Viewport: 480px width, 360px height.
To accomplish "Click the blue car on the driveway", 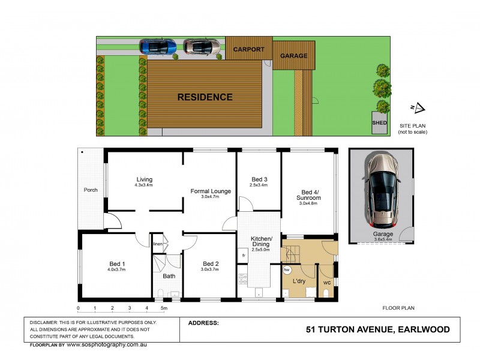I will pyautogui.click(x=158, y=46).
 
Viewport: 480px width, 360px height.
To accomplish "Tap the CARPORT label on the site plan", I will pyautogui.click(x=248, y=49).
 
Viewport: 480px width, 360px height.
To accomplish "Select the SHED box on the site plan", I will pyautogui.click(x=379, y=122).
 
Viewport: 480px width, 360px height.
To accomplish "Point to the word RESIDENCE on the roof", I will pyautogui.click(x=205, y=97).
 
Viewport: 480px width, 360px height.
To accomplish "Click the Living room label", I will pyautogui.click(x=144, y=179).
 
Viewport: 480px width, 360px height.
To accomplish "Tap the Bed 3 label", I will pyautogui.click(x=259, y=179).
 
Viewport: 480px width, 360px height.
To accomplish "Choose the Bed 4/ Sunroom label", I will pyautogui.click(x=308, y=195).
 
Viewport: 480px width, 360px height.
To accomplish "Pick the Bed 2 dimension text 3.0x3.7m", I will pyautogui.click(x=210, y=270).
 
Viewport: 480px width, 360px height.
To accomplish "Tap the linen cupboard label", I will pyautogui.click(x=158, y=244).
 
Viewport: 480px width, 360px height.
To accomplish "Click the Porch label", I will pyautogui.click(x=91, y=190).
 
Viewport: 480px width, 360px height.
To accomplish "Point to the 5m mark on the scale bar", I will pyautogui.click(x=164, y=309).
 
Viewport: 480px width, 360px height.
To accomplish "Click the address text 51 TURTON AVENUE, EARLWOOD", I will pyautogui.click(x=377, y=329).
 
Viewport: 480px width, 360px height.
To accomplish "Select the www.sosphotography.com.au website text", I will pyautogui.click(x=106, y=345).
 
